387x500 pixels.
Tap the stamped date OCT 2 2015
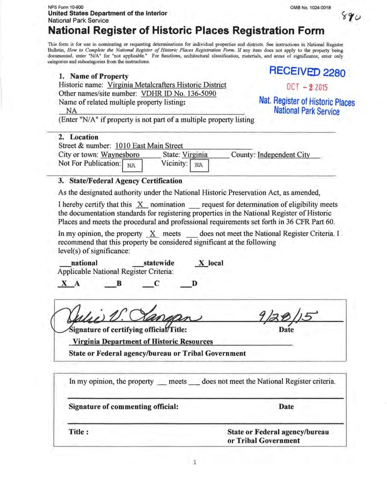(x=307, y=87)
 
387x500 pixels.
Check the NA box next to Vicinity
(x=198, y=164)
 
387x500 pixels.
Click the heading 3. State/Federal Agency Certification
(x=120, y=180)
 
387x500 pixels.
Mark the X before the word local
(x=202, y=263)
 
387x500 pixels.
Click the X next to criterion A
(x=64, y=284)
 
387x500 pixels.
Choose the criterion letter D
(x=194, y=284)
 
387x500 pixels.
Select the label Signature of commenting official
(x=123, y=406)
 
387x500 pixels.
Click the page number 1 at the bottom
(x=194, y=462)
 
